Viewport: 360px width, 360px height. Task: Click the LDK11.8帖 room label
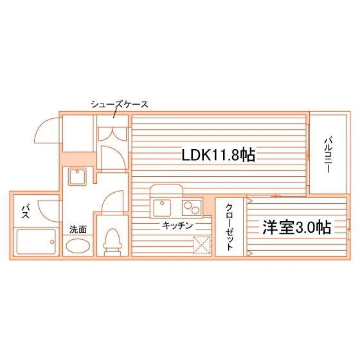coord(219,155)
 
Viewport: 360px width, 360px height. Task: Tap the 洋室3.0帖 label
coord(297,228)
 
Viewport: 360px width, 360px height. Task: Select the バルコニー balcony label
coord(328,155)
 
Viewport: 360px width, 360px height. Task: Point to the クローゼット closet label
coord(230,227)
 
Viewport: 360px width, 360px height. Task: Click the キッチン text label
coord(177,226)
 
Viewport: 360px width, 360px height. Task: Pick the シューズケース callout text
coord(120,104)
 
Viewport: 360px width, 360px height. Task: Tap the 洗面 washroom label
coord(78,230)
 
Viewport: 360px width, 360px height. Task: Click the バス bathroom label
coord(26,212)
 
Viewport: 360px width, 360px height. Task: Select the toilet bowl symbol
coord(113,242)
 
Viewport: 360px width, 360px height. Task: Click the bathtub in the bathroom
coord(36,241)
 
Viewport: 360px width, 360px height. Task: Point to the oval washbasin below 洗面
coord(78,246)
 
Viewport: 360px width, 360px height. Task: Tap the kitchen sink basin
coord(162,208)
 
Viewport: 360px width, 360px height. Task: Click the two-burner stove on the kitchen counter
coord(192,208)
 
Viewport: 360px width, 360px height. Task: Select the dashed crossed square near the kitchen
coord(202,245)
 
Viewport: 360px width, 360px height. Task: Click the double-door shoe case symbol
coord(113,134)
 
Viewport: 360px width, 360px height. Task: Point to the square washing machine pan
coord(77,177)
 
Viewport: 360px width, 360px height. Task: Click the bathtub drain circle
coord(52,242)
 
